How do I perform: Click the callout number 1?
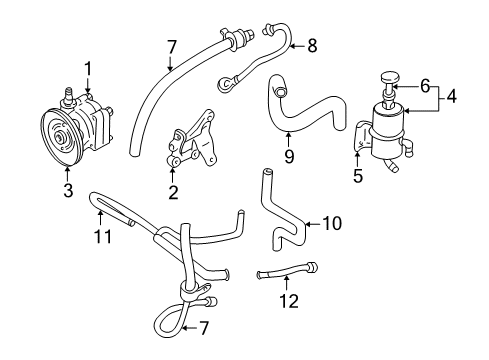coord(87,67)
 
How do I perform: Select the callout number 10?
coord(331,223)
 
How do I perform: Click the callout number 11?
coord(100,235)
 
